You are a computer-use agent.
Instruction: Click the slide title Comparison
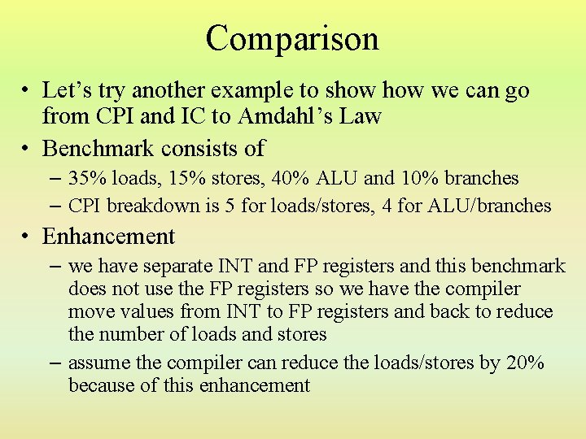pos(292,39)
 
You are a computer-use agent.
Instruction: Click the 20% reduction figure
pos(525,363)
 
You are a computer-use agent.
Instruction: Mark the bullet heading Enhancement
pos(108,237)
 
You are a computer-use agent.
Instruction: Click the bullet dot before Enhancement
pos(28,237)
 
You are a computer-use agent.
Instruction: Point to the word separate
pos(177,267)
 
